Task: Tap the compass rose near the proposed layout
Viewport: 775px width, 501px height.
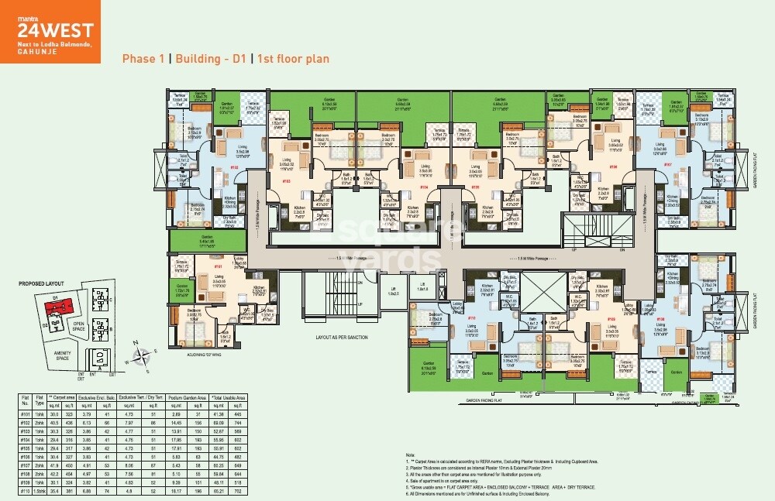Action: tap(142, 356)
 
